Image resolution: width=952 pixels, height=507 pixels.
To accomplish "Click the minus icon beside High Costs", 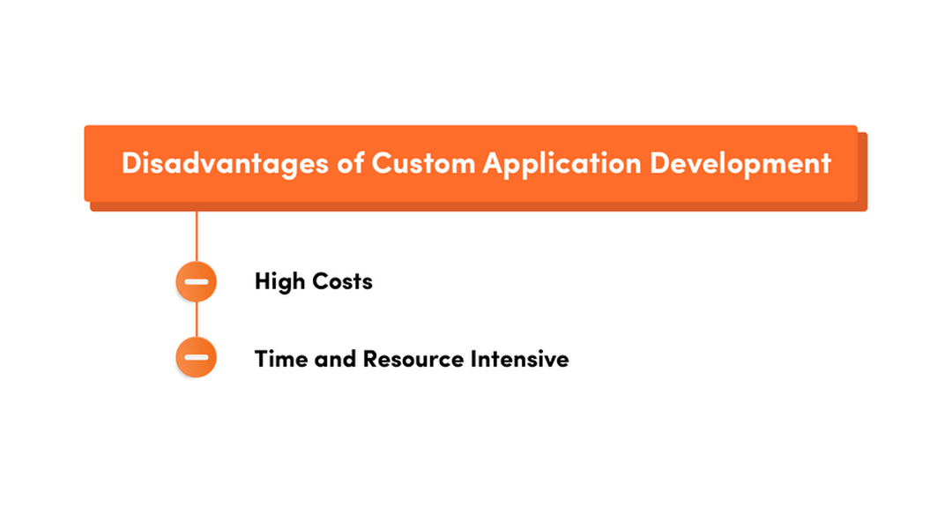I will [196, 281].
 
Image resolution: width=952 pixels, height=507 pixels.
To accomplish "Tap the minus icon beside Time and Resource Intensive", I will [196, 357].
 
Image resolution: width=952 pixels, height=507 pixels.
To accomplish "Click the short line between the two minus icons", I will [196, 319].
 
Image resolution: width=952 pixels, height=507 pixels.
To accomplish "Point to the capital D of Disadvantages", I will [131, 164].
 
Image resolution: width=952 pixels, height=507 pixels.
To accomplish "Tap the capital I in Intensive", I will [473, 359].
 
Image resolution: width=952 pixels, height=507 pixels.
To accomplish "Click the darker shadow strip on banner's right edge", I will [863, 172].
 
